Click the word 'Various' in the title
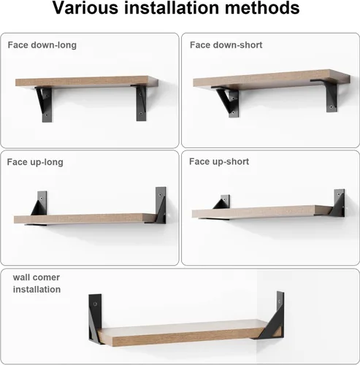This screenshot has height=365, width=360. coord(85,8)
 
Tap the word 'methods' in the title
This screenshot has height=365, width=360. coord(262,8)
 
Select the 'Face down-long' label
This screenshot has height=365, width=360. coord(42,45)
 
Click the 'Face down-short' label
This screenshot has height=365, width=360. coord(226,45)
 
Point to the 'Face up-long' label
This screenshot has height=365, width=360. coord(35,162)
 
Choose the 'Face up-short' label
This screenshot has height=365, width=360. coord(219,161)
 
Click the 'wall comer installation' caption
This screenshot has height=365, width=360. coord(37,283)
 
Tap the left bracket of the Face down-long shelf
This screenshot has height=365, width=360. coord(45,104)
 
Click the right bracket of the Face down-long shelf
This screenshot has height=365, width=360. coord(140,103)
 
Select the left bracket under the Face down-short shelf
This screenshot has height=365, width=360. coord(228,101)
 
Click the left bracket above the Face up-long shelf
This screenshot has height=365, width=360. coord(39,204)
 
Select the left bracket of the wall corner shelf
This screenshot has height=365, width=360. coord(95,318)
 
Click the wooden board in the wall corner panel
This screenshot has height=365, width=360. coord(181,332)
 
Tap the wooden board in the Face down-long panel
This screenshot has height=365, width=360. coord(87,82)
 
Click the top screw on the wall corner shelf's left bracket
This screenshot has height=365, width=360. coord(95,304)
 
